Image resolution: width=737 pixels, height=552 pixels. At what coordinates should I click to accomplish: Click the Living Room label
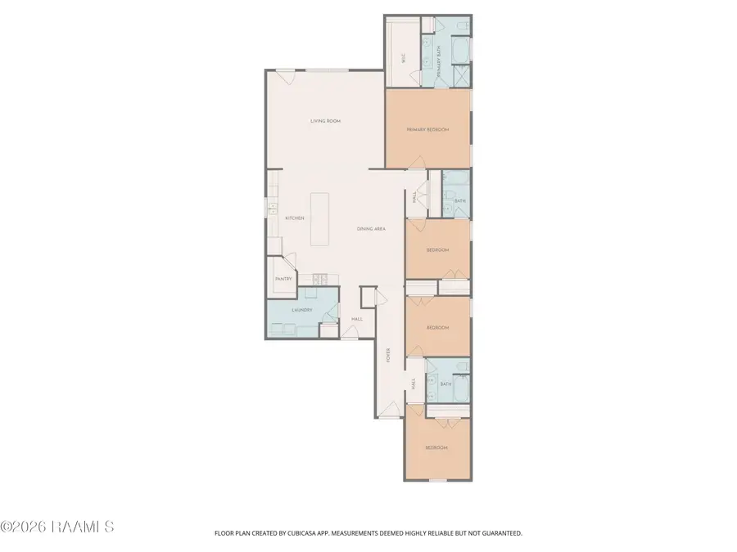point(325,121)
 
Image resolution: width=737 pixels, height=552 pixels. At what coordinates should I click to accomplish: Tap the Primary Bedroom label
point(427,130)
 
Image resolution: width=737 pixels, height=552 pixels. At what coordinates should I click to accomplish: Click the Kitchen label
point(295,218)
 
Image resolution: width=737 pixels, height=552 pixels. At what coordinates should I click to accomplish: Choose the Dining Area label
point(371,229)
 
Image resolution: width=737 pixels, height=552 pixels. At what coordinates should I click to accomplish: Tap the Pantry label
point(283,279)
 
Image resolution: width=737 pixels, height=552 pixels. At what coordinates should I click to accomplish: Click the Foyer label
point(389,355)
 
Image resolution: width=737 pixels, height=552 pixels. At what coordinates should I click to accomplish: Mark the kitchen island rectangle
point(320,219)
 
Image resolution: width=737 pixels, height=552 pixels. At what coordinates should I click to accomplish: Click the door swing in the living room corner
point(283,78)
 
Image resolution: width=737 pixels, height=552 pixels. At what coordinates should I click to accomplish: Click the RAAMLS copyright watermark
point(57,527)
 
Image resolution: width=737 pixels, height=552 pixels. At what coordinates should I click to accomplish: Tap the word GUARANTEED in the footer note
point(496,533)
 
